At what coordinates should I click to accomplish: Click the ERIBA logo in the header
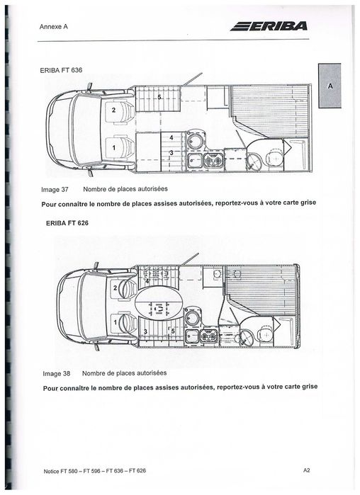coord(269,27)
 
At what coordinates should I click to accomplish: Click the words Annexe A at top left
coord(47,28)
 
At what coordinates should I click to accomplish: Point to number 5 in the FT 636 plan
coord(159,96)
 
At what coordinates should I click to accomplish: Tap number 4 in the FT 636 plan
coord(171,137)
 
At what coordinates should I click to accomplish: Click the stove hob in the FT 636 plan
coord(212,161)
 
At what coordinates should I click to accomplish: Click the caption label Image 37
coord(55,190)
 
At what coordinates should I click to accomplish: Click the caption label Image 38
coord(55,372)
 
